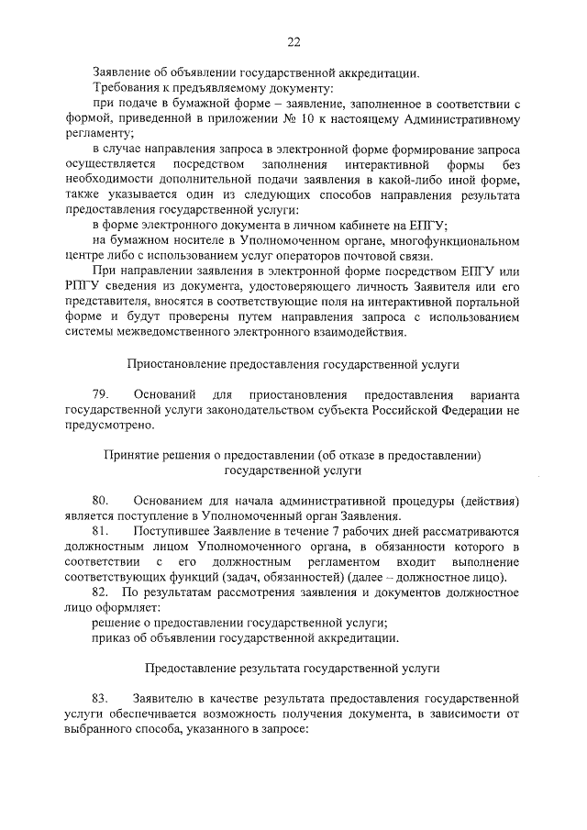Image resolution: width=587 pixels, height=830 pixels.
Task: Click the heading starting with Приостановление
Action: (x=293, y=363)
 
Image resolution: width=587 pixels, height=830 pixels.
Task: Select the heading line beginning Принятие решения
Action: (x=293, y=454)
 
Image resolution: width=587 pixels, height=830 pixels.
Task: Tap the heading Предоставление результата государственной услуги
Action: (x=293, y=669)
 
